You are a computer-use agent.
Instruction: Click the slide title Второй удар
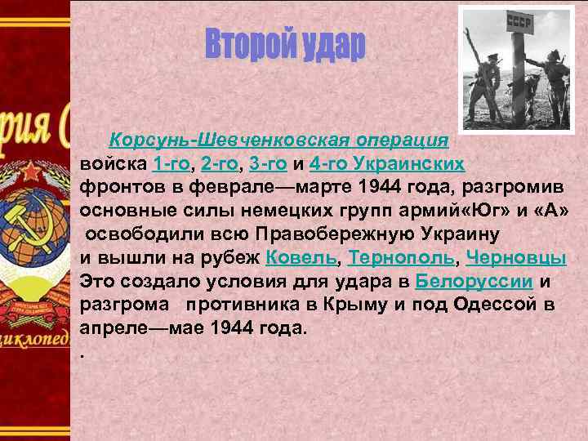284,47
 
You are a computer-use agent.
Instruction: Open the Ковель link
301,258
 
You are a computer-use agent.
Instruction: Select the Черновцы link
519,258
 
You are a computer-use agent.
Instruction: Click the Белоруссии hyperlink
474,282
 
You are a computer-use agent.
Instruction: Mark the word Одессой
496,305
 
